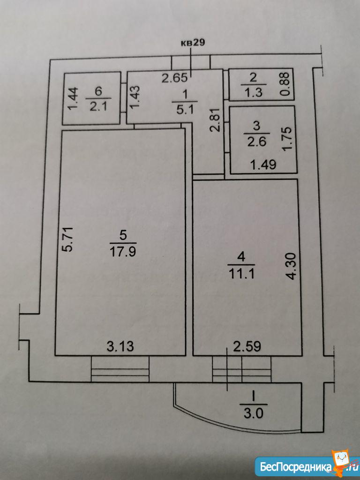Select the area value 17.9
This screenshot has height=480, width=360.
pyautogui.click(x=123, y=252)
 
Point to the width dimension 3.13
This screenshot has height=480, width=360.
pyautogui.click(x=120, y=347)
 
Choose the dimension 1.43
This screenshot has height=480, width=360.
pyautogui.click(x=135, y=98)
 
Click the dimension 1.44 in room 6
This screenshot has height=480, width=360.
pyautogui.click(x=71, y=98)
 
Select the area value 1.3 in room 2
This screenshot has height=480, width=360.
pyautogui.click(x=254, y=92)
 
